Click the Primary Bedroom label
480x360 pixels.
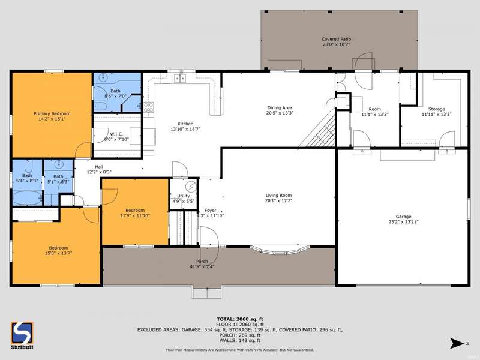(52, 113)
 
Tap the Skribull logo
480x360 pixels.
(22, 335)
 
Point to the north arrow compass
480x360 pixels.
(459, 343)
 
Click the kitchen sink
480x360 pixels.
(179, 79)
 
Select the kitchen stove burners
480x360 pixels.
(148, 107)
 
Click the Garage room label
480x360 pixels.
(403, 217)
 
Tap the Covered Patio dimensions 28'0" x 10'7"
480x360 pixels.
(336, 44)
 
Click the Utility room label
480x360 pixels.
(184, 196)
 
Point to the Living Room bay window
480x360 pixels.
(280, 250)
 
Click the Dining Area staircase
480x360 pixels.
(319, 130)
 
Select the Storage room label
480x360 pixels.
(437, 109)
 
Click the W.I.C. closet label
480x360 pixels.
(116, 134)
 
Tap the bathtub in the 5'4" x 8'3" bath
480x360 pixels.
(28, 198)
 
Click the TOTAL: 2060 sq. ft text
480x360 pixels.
(239, 319)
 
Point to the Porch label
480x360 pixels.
(202, 262)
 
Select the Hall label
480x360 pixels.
(99, 167)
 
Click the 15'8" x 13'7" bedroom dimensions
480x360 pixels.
(58, 253)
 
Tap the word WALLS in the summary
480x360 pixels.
(227, 340)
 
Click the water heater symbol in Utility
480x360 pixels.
(191, 187)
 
